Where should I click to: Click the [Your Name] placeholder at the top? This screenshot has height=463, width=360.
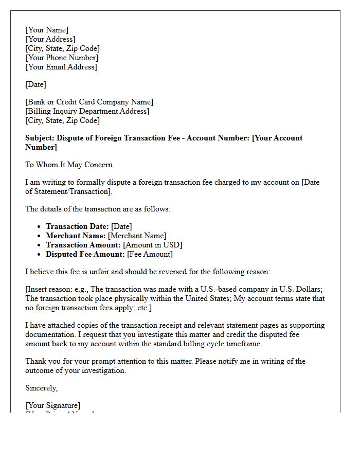click(47, 30)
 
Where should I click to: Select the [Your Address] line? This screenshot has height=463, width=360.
click(50, 39)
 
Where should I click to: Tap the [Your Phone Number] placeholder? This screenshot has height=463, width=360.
click(62, 58)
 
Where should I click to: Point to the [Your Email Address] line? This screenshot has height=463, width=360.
click(61, 67)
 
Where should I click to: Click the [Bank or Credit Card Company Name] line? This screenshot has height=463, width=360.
click(89, 102)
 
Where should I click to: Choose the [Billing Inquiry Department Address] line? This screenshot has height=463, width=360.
click(87, 111)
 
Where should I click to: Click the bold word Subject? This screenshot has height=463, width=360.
click(40, 138)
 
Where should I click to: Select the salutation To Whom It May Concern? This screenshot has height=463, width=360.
click(69, 165)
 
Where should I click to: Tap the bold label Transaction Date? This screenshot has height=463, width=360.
click(77, 226)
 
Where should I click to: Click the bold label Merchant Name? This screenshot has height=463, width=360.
click(76, 236)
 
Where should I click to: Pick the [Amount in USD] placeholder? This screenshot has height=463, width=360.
click(153, 245)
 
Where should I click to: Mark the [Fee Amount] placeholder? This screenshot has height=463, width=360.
click(150, 254)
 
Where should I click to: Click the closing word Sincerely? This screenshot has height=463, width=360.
click(42, 388)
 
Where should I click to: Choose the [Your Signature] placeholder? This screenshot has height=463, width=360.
click(53, 405)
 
